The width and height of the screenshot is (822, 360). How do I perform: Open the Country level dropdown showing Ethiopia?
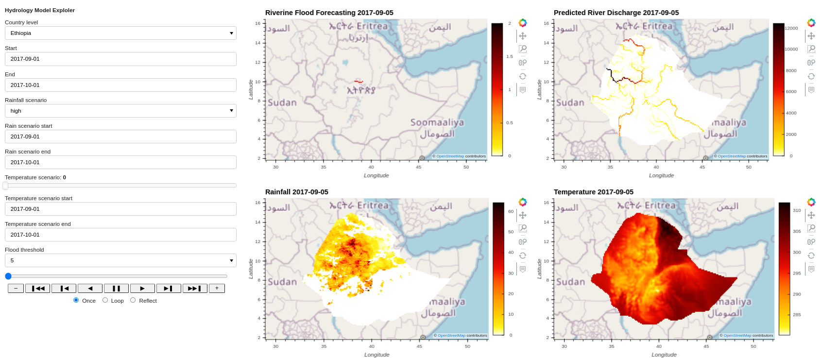click(x=120, y=33)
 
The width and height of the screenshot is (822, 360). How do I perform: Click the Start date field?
click(x=120, y=59)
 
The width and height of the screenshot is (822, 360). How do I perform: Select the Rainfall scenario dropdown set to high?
click(x=120, y=111)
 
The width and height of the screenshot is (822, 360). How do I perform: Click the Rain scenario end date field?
click(x=120, y=162)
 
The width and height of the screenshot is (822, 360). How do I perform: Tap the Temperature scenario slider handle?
click(x=6, y=186)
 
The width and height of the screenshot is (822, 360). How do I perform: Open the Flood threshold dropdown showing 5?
click(x=120, y=260)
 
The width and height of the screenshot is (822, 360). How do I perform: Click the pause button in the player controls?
click(x=116, y=289)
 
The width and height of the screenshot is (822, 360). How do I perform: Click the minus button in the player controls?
click(x=16, y=289)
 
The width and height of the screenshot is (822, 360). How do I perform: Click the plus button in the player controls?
click(x=217, y=289)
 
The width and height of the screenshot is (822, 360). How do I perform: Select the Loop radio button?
click(x=105, y=300)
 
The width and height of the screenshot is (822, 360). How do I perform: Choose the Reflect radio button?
click(x=133, y=300)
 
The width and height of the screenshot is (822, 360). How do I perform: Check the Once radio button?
click(x=76, y=300)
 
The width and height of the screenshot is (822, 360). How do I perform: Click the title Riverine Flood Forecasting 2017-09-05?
click(x=329, y=13)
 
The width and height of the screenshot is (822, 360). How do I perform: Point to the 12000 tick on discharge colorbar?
click(x=791, y=28)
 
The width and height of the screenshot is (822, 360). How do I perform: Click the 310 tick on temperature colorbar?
click(x=797, y=210)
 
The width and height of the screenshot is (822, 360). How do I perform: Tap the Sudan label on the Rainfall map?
click(x=282, y=282)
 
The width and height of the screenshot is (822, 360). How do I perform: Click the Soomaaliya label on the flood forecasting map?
click(x=437, y=122)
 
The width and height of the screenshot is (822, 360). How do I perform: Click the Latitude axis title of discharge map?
click(x=539, y=90)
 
